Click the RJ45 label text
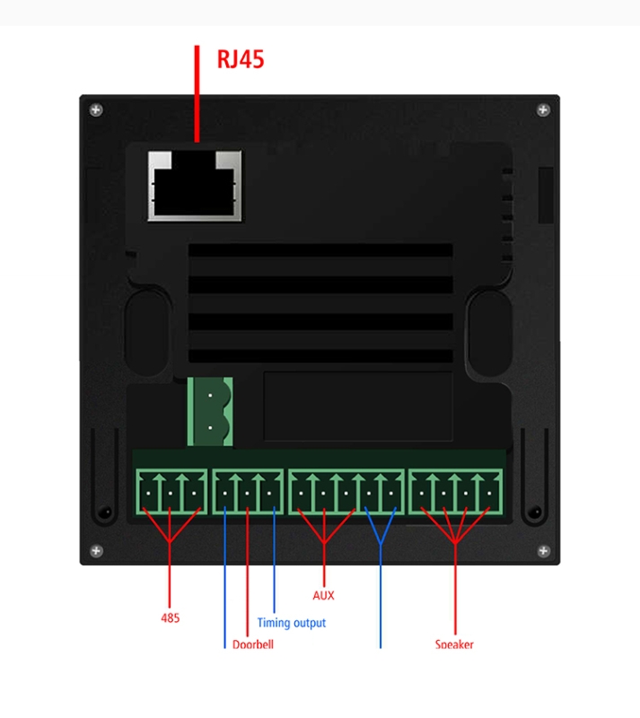241,59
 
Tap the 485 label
170,617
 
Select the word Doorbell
252,644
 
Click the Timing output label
291,622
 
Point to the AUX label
323,594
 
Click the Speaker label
454,644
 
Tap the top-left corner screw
96,109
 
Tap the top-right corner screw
542,109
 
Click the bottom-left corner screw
96,549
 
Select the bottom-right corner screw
542,549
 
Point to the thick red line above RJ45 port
197,93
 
